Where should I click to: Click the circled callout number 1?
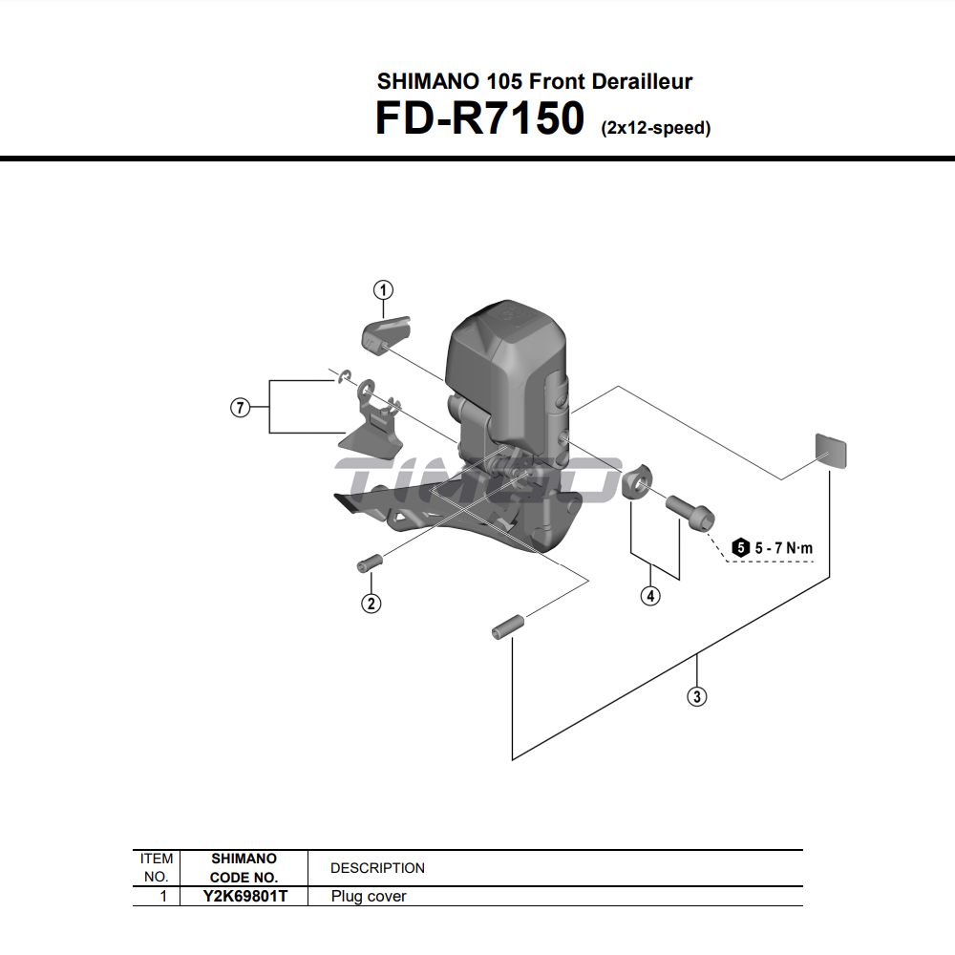(383, 289)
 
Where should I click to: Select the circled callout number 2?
(370, 603)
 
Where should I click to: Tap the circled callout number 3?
(697, 696)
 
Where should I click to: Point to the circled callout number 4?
(650, 596)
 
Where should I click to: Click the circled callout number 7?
(240, 408)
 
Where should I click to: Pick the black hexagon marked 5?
(741, 547)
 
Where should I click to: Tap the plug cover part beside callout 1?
(385, 333)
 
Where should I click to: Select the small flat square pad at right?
(831, 450)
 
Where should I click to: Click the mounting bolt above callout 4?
(690, 510)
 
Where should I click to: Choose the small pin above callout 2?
(369, 562)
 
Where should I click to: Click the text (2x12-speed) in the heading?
(655, 128)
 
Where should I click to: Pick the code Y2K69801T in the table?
(244, 896)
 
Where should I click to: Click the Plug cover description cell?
(369, 896)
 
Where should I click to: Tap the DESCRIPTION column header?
(377, 868)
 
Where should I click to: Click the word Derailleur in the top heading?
(642, 81)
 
